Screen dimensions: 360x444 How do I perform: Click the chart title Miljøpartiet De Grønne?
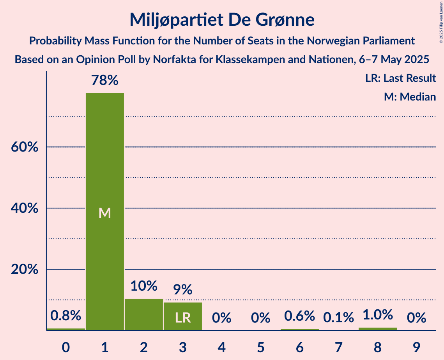[222, 19]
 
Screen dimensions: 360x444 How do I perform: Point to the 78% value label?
[105, 80]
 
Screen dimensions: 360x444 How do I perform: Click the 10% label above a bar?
[144, 286]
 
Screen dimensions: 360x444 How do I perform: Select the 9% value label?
[183, 289]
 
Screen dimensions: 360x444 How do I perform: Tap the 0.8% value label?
[66, 316]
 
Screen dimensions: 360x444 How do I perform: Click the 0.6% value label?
[300, 316]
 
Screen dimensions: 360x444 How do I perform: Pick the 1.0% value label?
[378, 315]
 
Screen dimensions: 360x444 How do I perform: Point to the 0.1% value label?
[339, 318]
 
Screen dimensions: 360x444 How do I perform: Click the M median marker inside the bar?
[105, 213]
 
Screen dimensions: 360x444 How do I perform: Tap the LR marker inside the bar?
[183, 318]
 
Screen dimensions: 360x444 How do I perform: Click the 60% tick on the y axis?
[25, 147]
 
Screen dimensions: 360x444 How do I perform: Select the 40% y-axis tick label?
[25, 208]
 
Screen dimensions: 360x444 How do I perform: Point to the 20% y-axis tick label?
[25, 270]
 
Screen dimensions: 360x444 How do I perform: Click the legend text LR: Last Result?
[400, 78]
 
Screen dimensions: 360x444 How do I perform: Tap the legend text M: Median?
[410, 97]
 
